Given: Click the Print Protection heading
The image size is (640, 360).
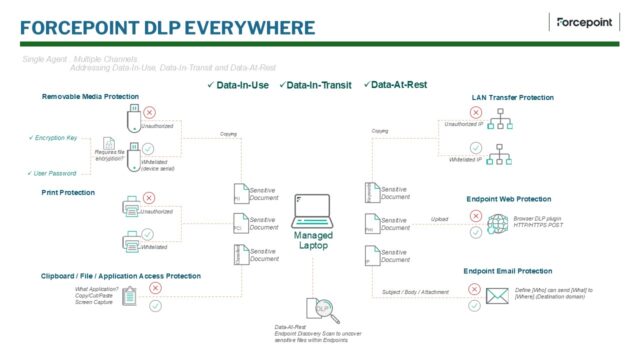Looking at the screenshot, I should pyautogui.click(x=69, y=191).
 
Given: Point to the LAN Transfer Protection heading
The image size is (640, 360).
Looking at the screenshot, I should pyautogui.click(x=512, y=97).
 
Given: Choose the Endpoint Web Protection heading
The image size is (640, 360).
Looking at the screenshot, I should pyautogui.click(x=508, y=198).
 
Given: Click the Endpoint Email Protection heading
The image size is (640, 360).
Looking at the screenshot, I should pyautogui.click(x=508, y=270).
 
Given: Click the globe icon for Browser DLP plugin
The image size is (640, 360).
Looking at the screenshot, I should pyautogui.click(x=497, y=223).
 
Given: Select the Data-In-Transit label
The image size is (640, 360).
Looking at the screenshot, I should pyautogui.click(x=322, y=85).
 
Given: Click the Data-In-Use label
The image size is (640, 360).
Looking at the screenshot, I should pyautogui.click(x=238, y=85).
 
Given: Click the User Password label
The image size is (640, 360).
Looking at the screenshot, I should pyautogui.click(x=53, y=173).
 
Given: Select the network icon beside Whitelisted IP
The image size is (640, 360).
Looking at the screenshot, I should pyautogui.click(x=503, y=156).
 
